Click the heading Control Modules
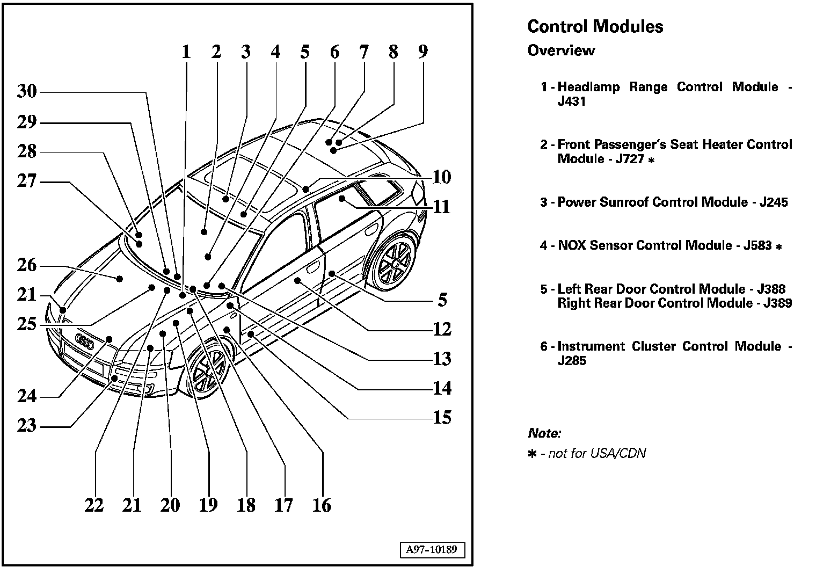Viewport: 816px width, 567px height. [x=595, y=26]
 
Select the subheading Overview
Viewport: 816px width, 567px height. [x=561, y=50]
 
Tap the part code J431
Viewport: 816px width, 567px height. [x=572, y=101]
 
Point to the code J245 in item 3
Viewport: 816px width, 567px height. [x=774, y=202]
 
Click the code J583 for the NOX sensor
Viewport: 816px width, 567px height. [x=757, y=246]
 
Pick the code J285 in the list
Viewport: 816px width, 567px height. [x=572, y=361]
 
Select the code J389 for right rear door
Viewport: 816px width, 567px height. [x=777, y=303]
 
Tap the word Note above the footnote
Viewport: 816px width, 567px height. [x=544, y=433]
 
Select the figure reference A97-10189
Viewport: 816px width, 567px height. [x=432, y=550]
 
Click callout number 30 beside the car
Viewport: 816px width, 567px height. [x=27, y=91]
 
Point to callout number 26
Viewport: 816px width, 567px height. [x=27, y=265]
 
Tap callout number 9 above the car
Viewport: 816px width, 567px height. [x=423, y=52]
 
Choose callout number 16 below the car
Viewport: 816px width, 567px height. [x=322, y=505]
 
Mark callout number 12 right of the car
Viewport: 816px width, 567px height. [x=442, y=329]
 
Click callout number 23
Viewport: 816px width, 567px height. [x=27, y=426]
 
